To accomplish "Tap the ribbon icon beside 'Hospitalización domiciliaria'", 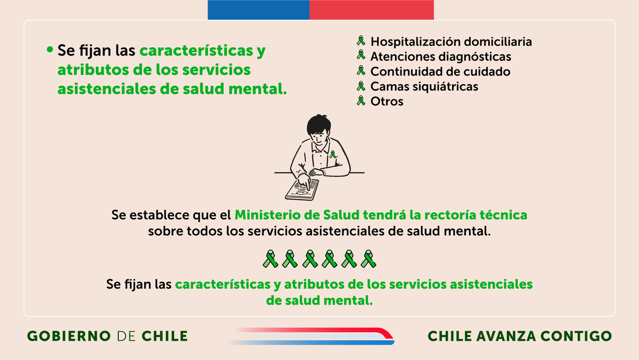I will [361, 40].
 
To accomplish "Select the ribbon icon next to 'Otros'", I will [361, 100].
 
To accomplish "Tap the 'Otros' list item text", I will [387, 101].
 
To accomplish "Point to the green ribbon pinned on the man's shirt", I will [333, 155].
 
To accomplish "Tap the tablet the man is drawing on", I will [302, 189].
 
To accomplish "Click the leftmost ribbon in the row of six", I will [271, 259].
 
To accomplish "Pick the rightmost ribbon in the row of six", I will [368, 259].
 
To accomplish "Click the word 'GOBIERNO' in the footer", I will [69, 336].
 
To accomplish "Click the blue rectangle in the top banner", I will [258, 10].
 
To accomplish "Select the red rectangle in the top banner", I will [372, 10].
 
